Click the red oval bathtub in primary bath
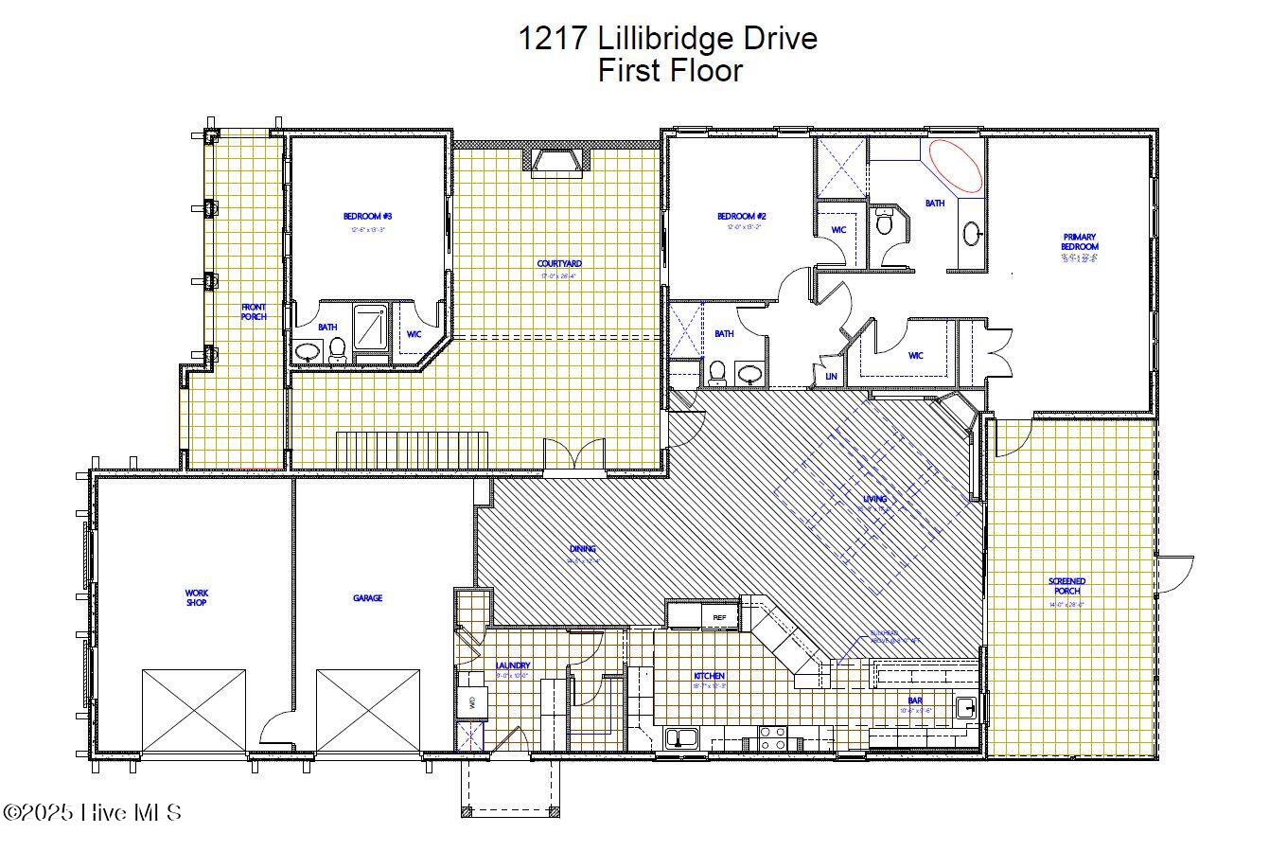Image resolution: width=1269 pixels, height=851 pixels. coord(956,166)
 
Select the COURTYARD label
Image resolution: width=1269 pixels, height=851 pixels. coord(559,264)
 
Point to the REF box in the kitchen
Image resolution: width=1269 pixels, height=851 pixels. coord(720,618)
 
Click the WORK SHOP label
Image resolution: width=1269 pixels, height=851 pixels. coord(196,597)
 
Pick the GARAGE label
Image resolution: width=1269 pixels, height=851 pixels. coord(367,598)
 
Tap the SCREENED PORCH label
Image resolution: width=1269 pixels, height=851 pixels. coord(1066,586)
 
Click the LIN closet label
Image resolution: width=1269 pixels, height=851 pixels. coord(831,377)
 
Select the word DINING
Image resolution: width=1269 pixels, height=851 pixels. coord(583,548)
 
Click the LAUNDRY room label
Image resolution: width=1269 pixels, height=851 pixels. coord(513,665)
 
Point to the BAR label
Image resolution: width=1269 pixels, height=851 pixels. coord(915,701)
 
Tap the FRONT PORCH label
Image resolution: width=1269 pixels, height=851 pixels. coord(254,311)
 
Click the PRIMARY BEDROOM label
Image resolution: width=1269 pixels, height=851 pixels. coord(1079,241)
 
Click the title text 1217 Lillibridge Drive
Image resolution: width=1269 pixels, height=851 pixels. coord(667,39)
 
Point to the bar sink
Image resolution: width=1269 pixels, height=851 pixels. coord(965,707)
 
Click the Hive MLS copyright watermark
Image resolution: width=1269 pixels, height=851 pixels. coord(92,812)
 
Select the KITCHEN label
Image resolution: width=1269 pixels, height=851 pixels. coord(709,676)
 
